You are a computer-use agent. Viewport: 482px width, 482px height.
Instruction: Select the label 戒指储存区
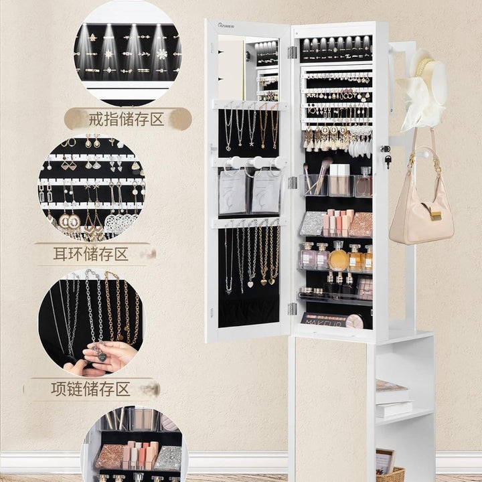coord(126,119)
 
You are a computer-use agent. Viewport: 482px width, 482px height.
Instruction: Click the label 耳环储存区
coord(90,254)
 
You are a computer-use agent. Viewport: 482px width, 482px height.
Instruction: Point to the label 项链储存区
coord(90,389)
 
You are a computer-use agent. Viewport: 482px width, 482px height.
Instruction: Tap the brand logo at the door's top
coord(226,25)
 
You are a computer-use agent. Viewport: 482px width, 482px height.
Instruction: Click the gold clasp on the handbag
coord(436,216)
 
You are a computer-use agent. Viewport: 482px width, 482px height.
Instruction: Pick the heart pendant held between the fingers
coord(102,357)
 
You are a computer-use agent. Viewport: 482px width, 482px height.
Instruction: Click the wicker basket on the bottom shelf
coord(390,475)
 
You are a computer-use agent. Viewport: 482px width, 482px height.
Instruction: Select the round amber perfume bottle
coord(338,258)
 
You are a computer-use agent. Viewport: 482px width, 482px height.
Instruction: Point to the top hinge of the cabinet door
coord(293,52)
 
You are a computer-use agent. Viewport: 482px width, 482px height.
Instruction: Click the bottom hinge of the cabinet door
coord(293,309)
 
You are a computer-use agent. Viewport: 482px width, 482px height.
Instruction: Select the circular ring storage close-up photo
coord(128,52)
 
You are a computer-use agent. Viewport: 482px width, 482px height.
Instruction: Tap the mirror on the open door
coord(248,68)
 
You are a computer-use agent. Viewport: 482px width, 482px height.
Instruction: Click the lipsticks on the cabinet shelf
coord(337,222)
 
